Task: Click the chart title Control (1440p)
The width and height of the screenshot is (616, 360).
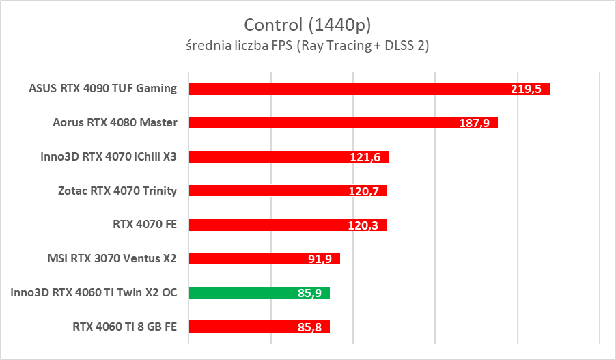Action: tap(307, 25)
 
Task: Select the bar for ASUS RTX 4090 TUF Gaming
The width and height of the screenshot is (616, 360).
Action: tap(341, 89)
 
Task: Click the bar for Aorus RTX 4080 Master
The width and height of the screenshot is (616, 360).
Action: tap(321, 123)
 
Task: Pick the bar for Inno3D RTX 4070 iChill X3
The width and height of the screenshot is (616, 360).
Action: tap(273, 157)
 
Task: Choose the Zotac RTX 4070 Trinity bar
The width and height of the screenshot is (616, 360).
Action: tap(273, 191)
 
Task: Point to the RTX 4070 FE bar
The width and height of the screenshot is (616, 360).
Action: tap(273, 225)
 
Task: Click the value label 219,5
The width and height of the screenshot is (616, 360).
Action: tap(525, 89)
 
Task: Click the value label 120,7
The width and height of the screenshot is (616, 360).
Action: tap(363, 191)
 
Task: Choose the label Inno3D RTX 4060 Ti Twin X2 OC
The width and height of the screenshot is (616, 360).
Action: tap(94, 292)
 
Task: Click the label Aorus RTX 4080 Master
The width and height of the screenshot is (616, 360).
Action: tap(115, 123)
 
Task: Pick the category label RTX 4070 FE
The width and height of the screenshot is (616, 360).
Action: tap(145, 225)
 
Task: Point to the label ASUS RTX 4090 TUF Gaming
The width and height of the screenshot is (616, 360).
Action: tap(103, 89)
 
